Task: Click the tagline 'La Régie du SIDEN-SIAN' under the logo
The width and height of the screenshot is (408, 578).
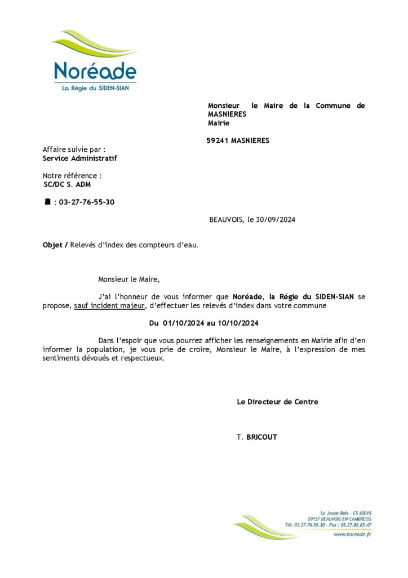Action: click(95, 89)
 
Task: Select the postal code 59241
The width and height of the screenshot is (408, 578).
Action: click(218, 141)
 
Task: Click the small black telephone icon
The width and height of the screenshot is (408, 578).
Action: click(47, 202)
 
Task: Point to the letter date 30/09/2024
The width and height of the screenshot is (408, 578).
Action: click(277, 220)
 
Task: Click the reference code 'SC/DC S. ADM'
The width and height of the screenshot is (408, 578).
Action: click(67, 185)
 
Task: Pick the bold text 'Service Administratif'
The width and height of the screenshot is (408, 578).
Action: click(80, 158)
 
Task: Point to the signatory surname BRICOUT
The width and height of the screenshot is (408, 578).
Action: click(261, 437)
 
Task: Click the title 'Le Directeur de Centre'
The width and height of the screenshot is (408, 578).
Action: click(277, 402)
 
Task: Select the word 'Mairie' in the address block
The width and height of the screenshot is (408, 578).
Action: click(219, 122)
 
